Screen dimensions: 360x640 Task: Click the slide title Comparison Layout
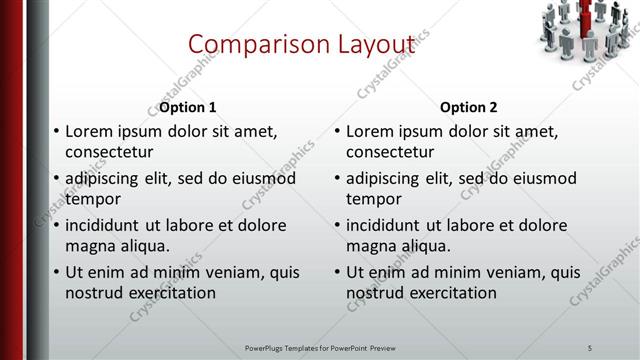pyautogui.click(x=301, y=45)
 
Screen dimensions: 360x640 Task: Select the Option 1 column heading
pyautogui.click(x=187, y=107)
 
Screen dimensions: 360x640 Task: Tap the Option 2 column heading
pyautogui.click(x=469, y=107)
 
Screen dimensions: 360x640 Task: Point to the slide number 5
pyautogui.click(x=590, y=347)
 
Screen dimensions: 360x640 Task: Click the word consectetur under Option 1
pyautogui.click(x=109, y=152)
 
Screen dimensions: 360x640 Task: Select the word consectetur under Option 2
pyautogui.click(x=390, y=152)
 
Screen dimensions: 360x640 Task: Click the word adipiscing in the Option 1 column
pyautogui.click(x=105, y=179)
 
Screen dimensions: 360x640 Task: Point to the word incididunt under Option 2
pyautogui.click(x=387, y=226)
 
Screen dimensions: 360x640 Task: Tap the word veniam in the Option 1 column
pyautogui.click(x=237, y=272)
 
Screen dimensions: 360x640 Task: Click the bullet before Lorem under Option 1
pyautogui.click(x=56, y=132)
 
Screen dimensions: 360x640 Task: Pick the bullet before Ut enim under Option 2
pyautogui.click(x=337, y=273)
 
